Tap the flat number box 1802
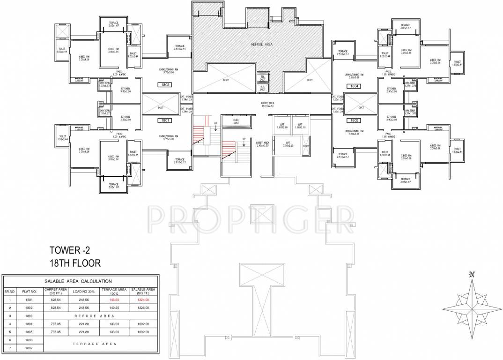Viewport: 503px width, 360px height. (165, 85)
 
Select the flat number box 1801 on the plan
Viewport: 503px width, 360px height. (165, 120)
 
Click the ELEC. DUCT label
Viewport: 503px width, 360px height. (236, 121)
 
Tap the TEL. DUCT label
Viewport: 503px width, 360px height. (263, 78)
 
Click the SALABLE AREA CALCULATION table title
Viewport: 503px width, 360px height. (78, 281)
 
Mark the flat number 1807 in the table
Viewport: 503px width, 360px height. (30, 348)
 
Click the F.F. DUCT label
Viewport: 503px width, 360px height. (263, 87)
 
